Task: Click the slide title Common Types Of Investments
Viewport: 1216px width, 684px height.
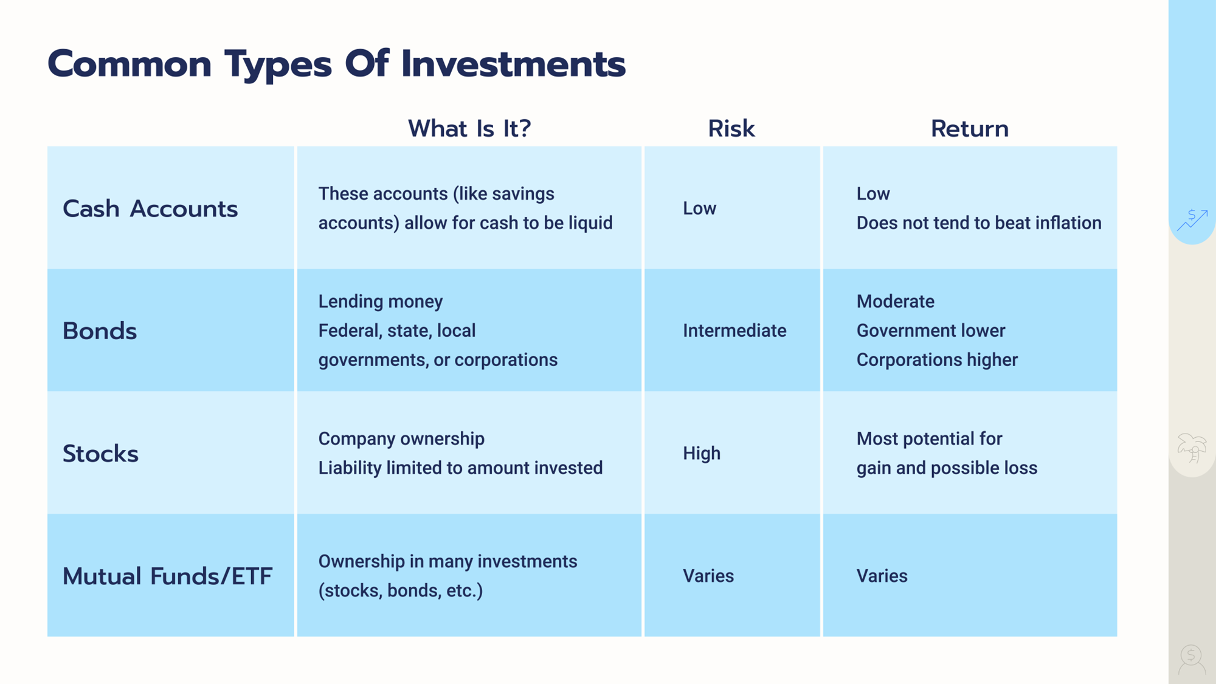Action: click(x=336, y=64)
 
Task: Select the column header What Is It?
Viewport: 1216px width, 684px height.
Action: click(x=469, y=129)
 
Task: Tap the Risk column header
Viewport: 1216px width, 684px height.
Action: click(x=731, y=129)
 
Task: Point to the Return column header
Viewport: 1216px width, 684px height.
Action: click(x=970, y=129)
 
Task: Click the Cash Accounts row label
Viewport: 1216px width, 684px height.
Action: click(x=150, y=209)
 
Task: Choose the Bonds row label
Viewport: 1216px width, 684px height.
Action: click(x=100, y=331)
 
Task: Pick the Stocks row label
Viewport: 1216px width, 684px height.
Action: click(x=100, y=454)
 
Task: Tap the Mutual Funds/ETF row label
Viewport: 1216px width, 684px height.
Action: click(x=167, y=576)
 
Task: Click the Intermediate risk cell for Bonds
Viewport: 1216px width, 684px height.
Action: click(x=734, y=330)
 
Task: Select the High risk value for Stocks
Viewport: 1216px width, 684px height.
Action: click(x=702, y=453)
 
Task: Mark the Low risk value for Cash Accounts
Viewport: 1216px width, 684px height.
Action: click(x=699, y=208)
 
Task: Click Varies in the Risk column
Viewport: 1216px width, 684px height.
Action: click(x=708, y=576)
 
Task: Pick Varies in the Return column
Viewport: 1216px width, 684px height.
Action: click(x=882, y=576)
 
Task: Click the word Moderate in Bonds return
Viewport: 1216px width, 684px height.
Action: click(x=896, y=301)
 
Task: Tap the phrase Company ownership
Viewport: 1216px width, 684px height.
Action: click(x=401, y=438)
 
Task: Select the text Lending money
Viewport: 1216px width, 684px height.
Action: click(x=381, y=301)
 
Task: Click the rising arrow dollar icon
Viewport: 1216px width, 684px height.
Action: click(x=1192, y=219)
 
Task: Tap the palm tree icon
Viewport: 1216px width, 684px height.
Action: click(x=1192, y=448)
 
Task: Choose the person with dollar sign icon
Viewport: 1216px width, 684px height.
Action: click(x=1192, y=660)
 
